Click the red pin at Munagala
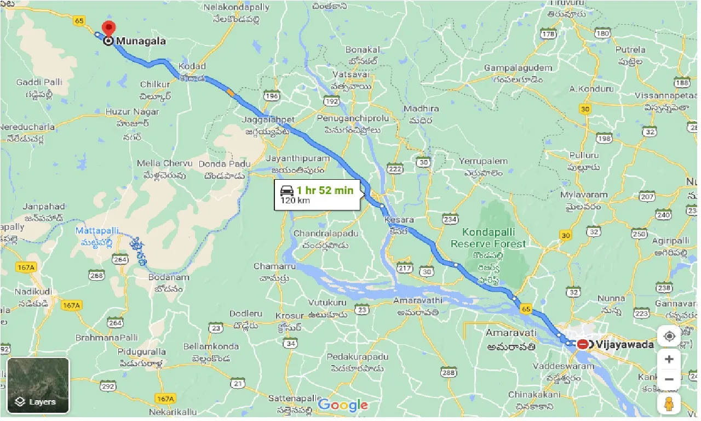109,27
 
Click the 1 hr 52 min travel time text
325,191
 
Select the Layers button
38,385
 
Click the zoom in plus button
669,360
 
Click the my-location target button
669,335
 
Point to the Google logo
343,406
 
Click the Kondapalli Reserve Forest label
493,238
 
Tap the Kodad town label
192,66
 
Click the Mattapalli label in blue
97,231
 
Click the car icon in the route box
286,190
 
